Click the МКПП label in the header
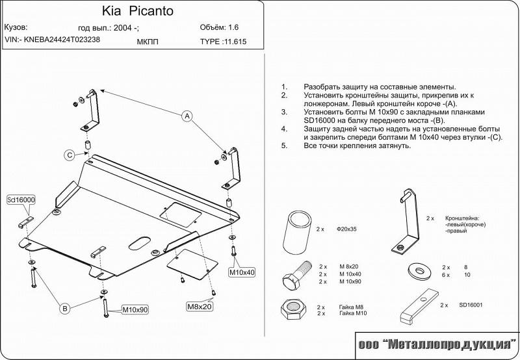pyautogui.click(x=148, y=42)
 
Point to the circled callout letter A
pyautogui.click(x=187, y=116)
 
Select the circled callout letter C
pyautogui.click(x=68, y=154)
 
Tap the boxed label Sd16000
pyautogui.click(x=21, y=200)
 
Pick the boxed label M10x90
pyautogui.click(x=135, y=310)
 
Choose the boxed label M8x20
pyautogui.click(x=200, y=306)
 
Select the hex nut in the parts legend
pyautogui.click(x=292, y=309)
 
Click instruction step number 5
pyautogui.click(x=284, y=146)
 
